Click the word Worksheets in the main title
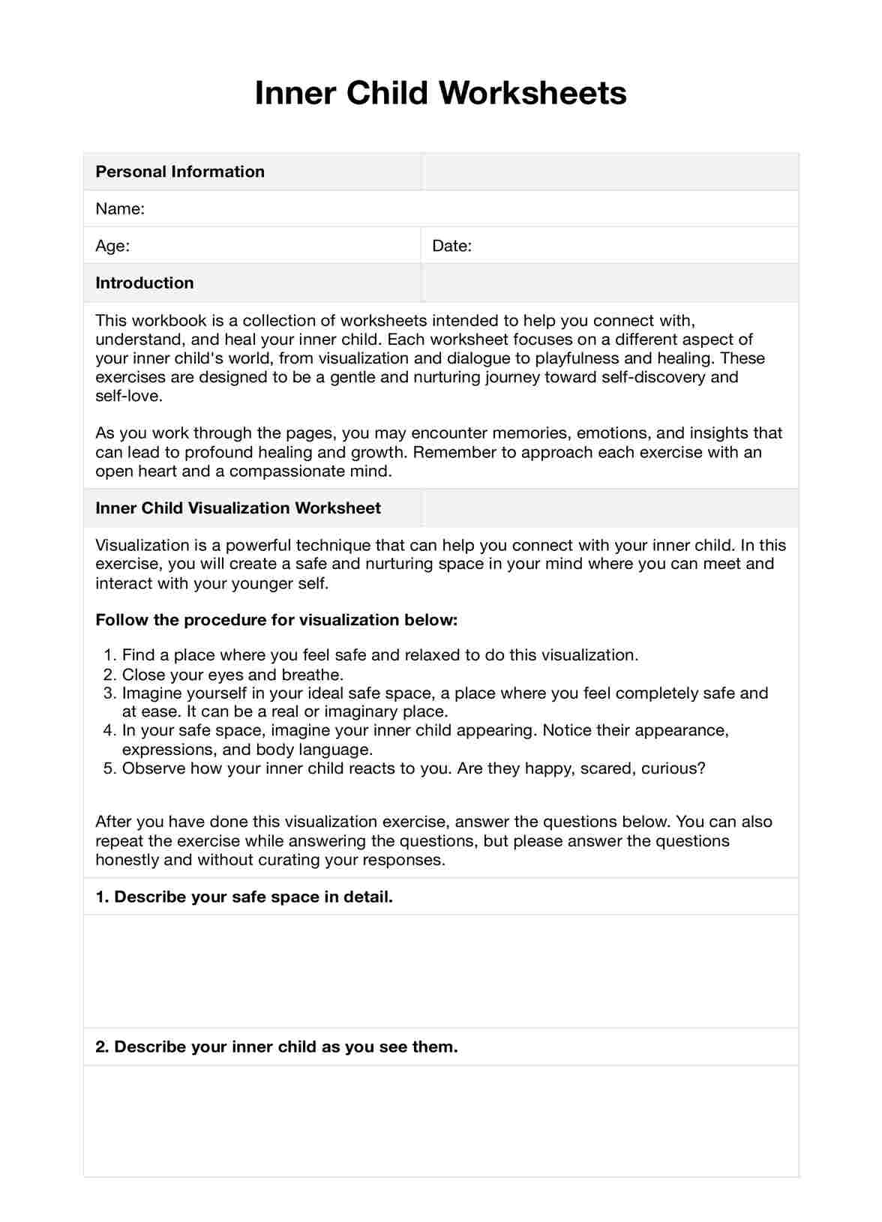(x=532, y=94)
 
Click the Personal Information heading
(x=180, y=172)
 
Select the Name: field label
(x=120, y=208)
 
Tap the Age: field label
(x=112, y=246)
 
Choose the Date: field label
(x=451, y=246)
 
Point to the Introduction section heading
(x=145, y=283)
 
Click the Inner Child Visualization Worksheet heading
(x=238, y=508)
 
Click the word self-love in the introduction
(x=127, y=396)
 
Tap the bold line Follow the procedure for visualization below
(x=276, y=620)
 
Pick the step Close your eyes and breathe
(x=232, y=674)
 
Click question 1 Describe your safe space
(x=244, y=897)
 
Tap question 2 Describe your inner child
(x=276, y=1047)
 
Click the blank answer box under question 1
(x=441, y=971)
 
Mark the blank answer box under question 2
(x=441, y=1121)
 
